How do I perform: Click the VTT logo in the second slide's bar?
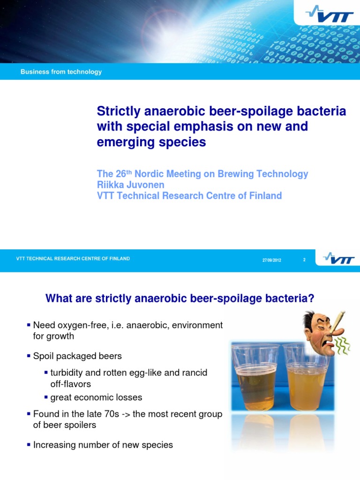[339, 259]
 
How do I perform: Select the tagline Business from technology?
[61, 72]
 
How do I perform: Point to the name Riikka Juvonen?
[130, 185]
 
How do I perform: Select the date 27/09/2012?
[272, 260]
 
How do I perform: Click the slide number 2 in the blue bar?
[304, 260]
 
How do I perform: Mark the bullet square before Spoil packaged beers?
[29, 356]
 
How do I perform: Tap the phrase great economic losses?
[96, 397]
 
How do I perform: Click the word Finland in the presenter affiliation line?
[264, 195]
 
